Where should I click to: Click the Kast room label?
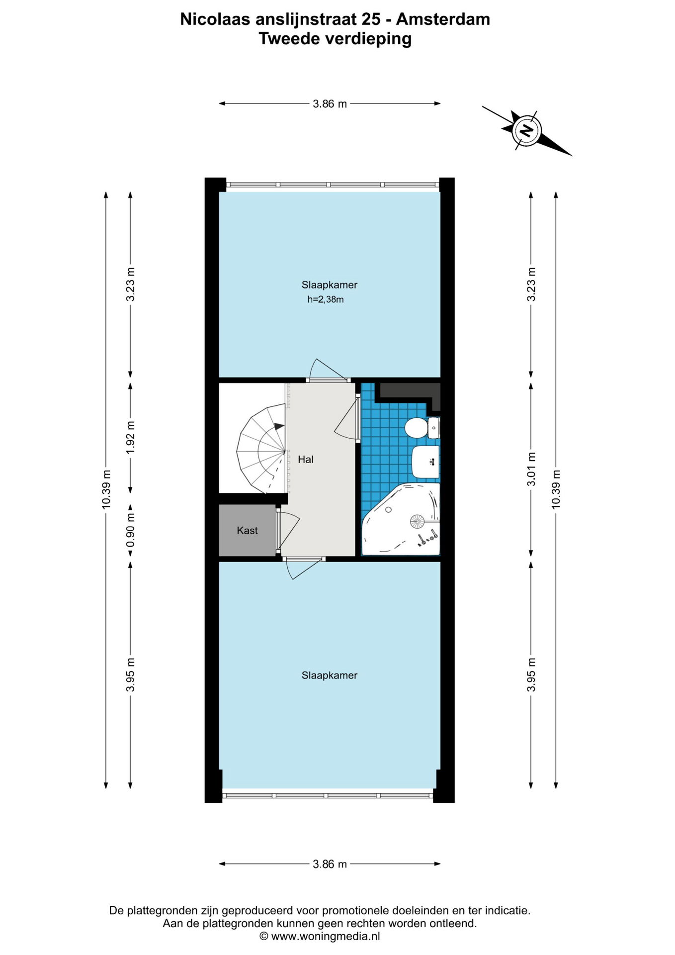pyautogui.click(x=247, y=530)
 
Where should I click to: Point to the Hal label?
pyautogui.click(x=306, y=459)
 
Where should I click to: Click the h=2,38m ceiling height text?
pyautogui.click(x=326, y=299)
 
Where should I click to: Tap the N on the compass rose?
pyautogui.click(x=526, y=131)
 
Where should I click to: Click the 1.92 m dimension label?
pyautogui.click(x=130, y=437)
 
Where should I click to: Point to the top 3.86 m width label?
pyautogui.click(x=330, y=104)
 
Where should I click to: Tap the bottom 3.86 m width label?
pyautogui.click(x=330, y=864)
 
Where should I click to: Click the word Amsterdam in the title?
pyautogui.click(x=443, y=19)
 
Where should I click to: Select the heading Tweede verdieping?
pyautogui.click(x=335, y=38)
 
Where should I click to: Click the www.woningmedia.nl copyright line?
pyautogui.click(x=320, y=936)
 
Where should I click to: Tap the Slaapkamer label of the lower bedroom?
pyautogui.click(x=330, y=675)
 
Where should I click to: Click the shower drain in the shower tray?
pyautogui.click(x=417, y=521)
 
